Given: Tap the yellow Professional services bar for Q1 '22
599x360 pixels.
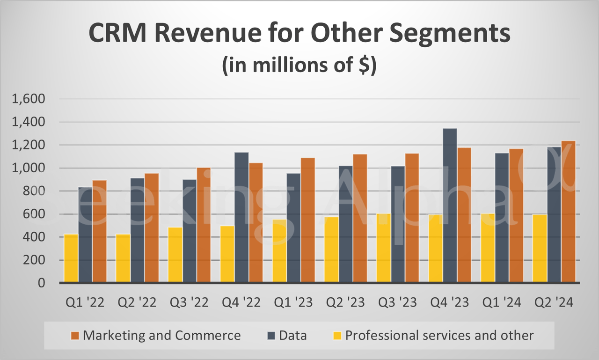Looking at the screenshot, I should [71, 258].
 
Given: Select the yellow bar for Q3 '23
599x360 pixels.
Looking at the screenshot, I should [384, 248].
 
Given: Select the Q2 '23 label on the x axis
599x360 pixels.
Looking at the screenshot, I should [345, 303].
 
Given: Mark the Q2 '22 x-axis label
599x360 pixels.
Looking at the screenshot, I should [137, 303].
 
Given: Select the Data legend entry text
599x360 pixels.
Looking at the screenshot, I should [293, 335].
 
